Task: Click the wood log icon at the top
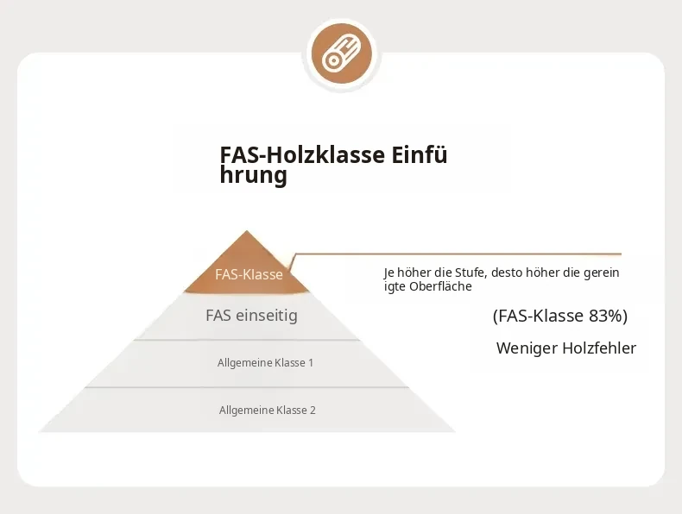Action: (342, 53)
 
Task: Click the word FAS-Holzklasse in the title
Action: (302, 155)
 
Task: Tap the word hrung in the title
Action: (253, 175)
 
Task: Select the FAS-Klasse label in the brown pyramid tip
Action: (249, 274)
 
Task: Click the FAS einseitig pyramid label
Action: (251, 315)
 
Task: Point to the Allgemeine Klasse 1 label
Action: (265, 363)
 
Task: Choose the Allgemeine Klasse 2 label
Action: (267, 411)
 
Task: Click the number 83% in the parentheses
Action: (605, 316)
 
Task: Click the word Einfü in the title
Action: (420, 155)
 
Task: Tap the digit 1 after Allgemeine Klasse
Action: (311, 363)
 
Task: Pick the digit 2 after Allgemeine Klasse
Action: (313, 411)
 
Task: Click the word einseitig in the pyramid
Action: (267, 315)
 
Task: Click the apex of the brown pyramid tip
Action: (247, 231)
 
